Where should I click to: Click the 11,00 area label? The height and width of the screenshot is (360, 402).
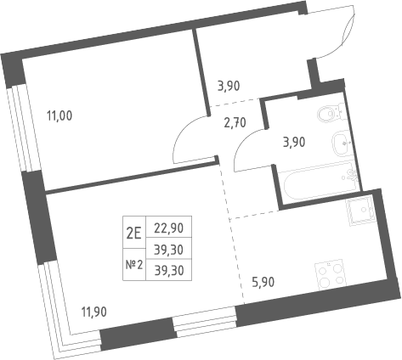[59, 116]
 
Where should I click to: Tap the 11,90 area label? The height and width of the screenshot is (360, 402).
[94, 312]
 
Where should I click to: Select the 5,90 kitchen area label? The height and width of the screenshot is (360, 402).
[263, 282]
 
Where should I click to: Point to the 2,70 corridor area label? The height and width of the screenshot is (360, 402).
[235, 123]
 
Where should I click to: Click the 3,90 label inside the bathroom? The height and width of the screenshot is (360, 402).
[294, 143]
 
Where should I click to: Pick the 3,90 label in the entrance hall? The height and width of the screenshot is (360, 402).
[229, 86]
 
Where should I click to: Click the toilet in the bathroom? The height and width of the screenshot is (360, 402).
[331, 113]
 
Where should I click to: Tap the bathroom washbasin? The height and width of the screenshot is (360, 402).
[342, 143]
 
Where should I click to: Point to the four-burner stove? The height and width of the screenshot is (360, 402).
[331, 274]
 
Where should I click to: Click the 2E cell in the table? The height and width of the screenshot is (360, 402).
[133, 233]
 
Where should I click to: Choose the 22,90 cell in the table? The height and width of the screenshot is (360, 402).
[169, 228]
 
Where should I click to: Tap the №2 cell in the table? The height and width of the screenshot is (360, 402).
[134, 265]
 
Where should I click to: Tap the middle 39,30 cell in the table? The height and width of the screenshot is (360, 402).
[169, 250]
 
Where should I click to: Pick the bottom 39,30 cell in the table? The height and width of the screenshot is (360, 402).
[169, 271]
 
